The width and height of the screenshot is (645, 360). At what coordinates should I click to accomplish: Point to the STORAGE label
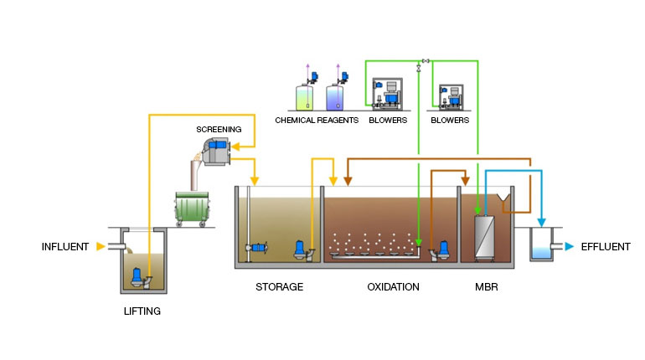pyautogui.click(x=279, y=287)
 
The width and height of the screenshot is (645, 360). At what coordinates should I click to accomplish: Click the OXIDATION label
pyautogui.click(x=393, y=287)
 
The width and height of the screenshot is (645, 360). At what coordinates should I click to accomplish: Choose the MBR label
pyautogui.click(x=488, y=287)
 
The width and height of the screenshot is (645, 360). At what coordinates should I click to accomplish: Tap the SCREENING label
pyautogui.click(x=219, y=130)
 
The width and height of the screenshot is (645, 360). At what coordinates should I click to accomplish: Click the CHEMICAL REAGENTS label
pyautogui.click(x=317, y=121)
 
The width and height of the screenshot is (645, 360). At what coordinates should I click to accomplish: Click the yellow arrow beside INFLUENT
pyautogui.click(x=101, y=247)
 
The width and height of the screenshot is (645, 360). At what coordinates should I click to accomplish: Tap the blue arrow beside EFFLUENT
pyautogui.click(x=569, y=247)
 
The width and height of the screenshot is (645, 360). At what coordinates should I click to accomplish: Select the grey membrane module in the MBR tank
pyautogui.click(x=487, y=235)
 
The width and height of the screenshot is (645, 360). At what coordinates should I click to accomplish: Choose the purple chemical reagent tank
pyautogui.click(x=334, y=97)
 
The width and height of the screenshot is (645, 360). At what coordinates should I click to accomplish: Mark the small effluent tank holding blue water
pyautogui.click(x=540, y=246)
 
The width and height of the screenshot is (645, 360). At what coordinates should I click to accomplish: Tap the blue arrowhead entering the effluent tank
pyautogui.click(x=541, y=223)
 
